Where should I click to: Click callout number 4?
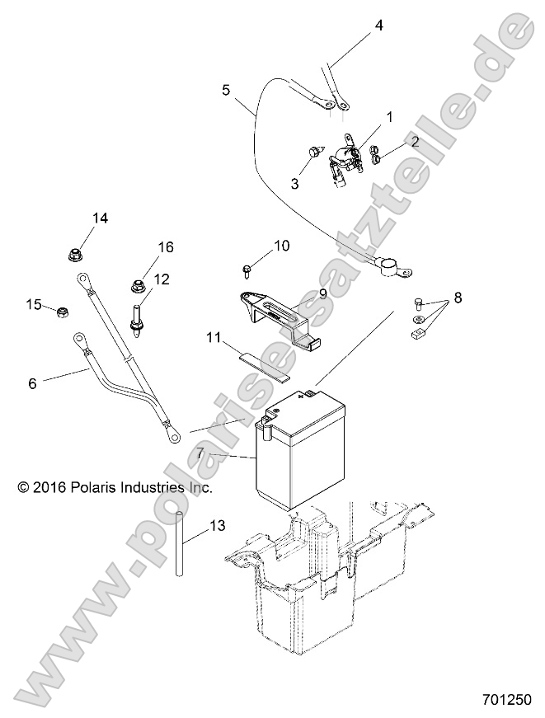(x=378, y=26)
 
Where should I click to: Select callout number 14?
(x=100, y=218)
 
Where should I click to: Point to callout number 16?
(x=167, y=247)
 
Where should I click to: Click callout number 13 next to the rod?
(x=217, y=525)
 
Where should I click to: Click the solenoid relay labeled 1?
(x=347, y=157)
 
